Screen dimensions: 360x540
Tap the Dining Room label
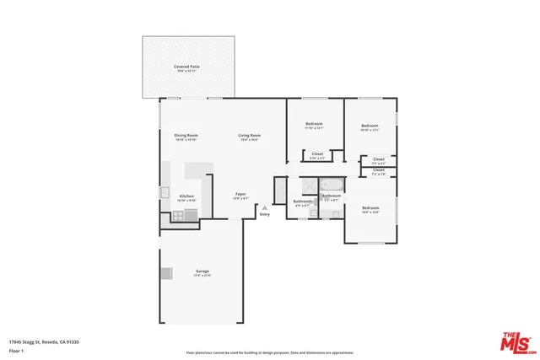pyautogui.click(x=186, y=136)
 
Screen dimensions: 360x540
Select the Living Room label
pyautogui.click(x=249, y=136)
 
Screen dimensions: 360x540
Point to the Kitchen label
pyautogui.click(x=186, y=196)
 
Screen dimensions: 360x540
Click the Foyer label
pyautogui.click(x=240, y=195)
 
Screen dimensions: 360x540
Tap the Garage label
pyautogui.click(x=202, y=271)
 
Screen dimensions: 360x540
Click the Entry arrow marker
pyautogui.click(x=265, y=207)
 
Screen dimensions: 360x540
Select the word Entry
pyautogui.click(x=265, y=215)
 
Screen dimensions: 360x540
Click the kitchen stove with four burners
pyautogui.click(x=180, y=215)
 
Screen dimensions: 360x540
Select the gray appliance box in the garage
pyautogui.click(x=165, y=272)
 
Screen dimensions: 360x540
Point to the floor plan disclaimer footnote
pyautogui.click(x=270, y=352)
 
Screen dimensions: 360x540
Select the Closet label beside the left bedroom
pyautogui.click(x=317, y=154)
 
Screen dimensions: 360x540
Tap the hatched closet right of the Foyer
pyautogui.click(x=280, y=190)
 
